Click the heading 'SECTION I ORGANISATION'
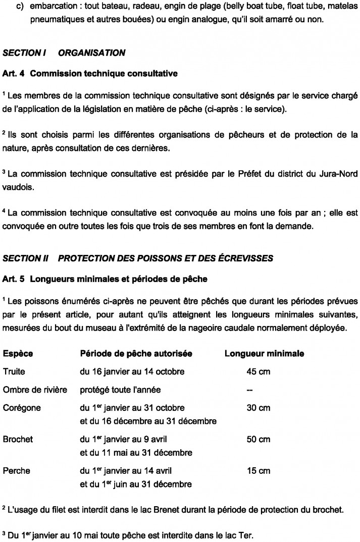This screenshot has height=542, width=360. pos(64,52)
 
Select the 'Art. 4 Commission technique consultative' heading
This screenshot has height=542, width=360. pos(90,74)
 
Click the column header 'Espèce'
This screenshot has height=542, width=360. pos(18,354)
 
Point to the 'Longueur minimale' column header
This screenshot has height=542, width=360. pos(264,354)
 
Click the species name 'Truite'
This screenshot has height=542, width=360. pos(14,372)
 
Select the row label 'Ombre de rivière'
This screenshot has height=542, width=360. pos(35,390)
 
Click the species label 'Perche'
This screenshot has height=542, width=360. pos(17,471)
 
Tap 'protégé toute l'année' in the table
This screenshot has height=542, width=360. pos(119,390)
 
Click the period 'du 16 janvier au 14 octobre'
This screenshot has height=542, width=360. pos(132,372)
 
